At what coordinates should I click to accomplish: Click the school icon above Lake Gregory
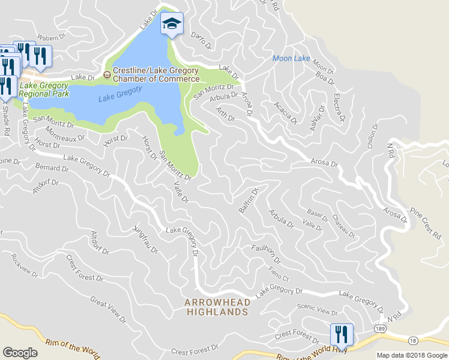point(172,25)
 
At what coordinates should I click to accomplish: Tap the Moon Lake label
point(291,58)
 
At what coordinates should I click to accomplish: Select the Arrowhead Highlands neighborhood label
point(216,307)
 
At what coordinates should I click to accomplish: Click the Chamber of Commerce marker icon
point(107,74)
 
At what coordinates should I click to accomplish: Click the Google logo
point(20,353)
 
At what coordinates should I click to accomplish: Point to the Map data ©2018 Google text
point(412,355)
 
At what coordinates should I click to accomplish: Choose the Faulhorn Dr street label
point(266,254)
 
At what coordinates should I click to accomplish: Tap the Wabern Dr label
point(51,37)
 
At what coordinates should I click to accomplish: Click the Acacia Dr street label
point(285,112)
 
